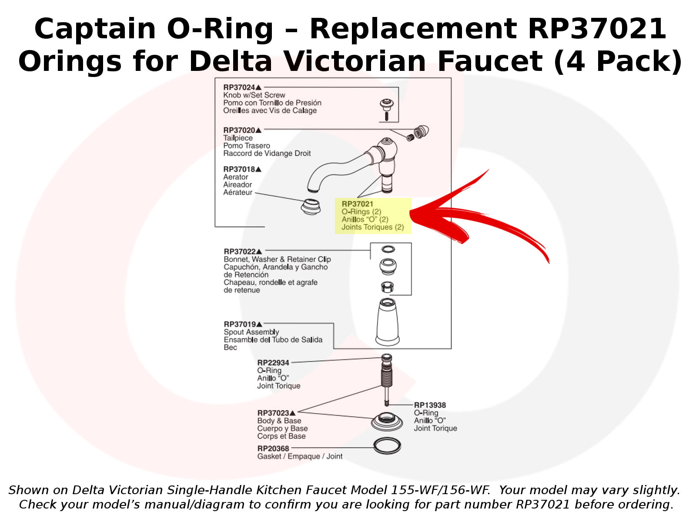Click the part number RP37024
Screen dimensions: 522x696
pyautogui.click(x=239, y=87)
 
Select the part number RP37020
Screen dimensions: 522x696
pyautogui.click(x=239, y=130)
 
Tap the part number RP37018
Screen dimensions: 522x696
pyautogui.click(x=239, y=169)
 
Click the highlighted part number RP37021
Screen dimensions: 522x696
pyautogui.click(x=357, y=204)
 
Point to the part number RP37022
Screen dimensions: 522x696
pyautogui.click(x=240, y=251)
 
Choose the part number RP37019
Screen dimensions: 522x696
pyautogui.click(x=240, y=324)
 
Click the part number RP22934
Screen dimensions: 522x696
pyautogui.click(x=273, y=363)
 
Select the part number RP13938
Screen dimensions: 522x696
pyautogui.click(x=430, y=405)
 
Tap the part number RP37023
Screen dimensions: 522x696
pyautogui.click(x=273, y=413)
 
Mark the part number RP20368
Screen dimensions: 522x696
pyautogui.click(x=273, y=448)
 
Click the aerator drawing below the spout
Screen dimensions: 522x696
pyautogui.click(x=311, y=206)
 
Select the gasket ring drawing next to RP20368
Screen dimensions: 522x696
pyautogui.click(x=387, y=445)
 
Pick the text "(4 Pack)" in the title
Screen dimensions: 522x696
pyautogui.click(x=617, y=61)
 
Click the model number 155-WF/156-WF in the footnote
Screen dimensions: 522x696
pyautogui.click(x=440, y=490)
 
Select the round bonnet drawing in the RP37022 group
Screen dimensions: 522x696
pyautogui.click(x=388, y=266)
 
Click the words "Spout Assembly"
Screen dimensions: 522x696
pyautogui.click(x=251, y=332)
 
